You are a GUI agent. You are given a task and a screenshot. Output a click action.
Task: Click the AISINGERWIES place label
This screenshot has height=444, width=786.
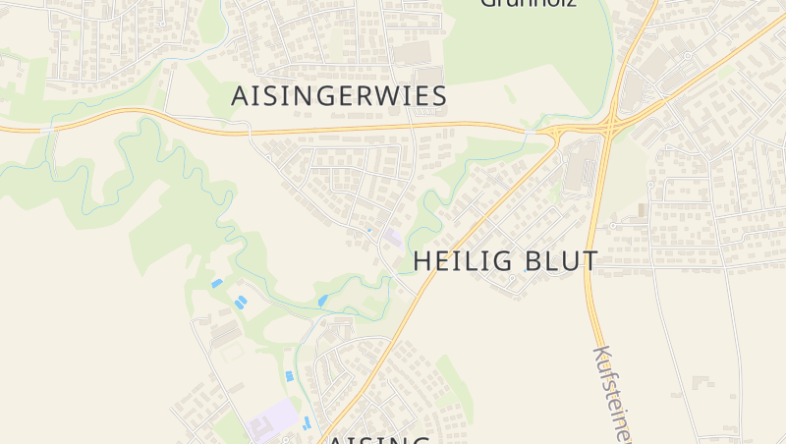pyautogui.click(x=339, y=96)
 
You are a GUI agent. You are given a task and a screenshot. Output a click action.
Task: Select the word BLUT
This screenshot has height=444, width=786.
pyautogui.click(x=557, y=261)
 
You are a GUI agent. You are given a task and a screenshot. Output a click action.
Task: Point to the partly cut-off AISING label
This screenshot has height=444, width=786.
pyautogui.click(x=378, y=438)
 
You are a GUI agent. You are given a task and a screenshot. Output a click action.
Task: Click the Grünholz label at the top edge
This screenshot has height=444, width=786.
pyautogui.click(x=527, y=4)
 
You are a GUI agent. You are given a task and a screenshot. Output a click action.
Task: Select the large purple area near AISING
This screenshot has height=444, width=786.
pyautogui.click(x=271, y=422)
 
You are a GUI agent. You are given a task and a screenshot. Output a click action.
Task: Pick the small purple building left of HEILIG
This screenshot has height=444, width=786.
pyautogui.click(x=392, y=237)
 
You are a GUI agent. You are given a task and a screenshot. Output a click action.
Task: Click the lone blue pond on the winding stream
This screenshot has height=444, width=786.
pyautogui.click(x=322, y=301)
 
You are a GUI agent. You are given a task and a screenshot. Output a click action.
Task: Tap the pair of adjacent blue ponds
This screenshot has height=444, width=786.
pyautogui.click(x=238, y=297)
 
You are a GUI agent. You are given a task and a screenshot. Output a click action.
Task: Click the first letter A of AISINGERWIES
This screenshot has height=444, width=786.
pyautogui.click(x=240, y=96)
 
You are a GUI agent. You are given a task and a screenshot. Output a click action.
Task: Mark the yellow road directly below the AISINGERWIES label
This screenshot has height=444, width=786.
pyautogui.click(x=339, y=128)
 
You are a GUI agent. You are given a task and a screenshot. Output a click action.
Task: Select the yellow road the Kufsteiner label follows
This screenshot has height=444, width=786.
pyautogui.click(x=591, y=295)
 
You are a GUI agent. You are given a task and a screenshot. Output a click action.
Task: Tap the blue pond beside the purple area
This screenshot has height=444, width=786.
pyautogui.click(x=307, y=422)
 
